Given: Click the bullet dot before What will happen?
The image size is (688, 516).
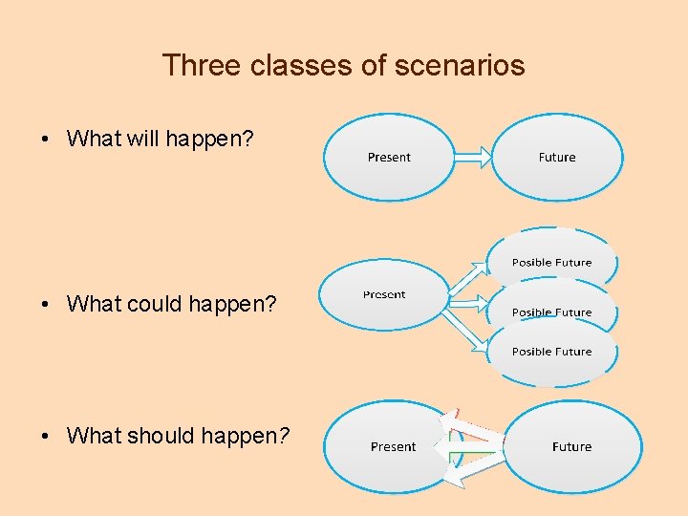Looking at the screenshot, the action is (x=46, y=140).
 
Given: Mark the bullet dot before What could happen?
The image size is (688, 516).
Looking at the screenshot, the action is (x=46, y=305).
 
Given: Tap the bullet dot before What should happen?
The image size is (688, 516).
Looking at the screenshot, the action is (x=46, y=437).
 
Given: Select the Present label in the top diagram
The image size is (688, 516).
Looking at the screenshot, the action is (x=389, y=158).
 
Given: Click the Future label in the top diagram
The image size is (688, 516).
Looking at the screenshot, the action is (x=557, y=158).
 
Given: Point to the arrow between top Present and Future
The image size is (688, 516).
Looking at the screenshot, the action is (x=474, y=158).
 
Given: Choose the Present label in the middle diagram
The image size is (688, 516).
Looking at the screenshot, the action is (x=384, y=294).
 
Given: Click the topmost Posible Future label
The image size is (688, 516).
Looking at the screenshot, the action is (x=551, y=263).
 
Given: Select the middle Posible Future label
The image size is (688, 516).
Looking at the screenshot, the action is (x=551, y=312).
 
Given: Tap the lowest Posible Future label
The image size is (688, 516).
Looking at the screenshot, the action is (x=551, y=352).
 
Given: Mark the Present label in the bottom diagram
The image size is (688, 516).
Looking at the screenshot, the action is (x=394, y=446).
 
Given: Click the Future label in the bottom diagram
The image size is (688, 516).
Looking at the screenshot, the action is (x=571, y=446).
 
